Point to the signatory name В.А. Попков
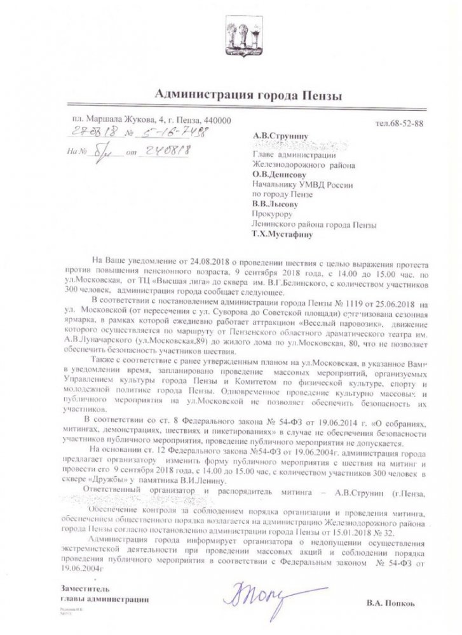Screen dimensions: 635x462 [x=393, y=599]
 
